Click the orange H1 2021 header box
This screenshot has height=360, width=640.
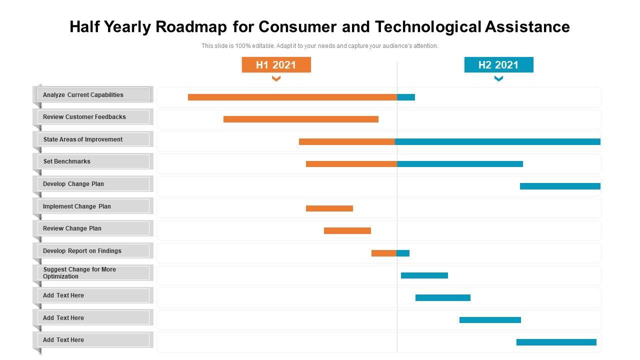276,64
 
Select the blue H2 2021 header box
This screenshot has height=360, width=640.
498,64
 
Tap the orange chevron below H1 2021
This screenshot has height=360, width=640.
276,78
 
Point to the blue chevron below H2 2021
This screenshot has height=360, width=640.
498,78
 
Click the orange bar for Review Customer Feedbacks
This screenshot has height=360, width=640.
300,119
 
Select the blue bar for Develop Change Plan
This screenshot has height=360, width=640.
560,186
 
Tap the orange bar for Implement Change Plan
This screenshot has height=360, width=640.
329,208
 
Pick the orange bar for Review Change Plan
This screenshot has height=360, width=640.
347,230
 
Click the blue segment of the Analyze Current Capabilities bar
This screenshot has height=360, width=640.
406,97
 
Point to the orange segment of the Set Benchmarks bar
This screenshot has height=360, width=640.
351,164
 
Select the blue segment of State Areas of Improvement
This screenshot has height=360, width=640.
497,141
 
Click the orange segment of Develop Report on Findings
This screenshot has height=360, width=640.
383,253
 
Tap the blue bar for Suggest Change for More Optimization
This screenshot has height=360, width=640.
424,275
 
